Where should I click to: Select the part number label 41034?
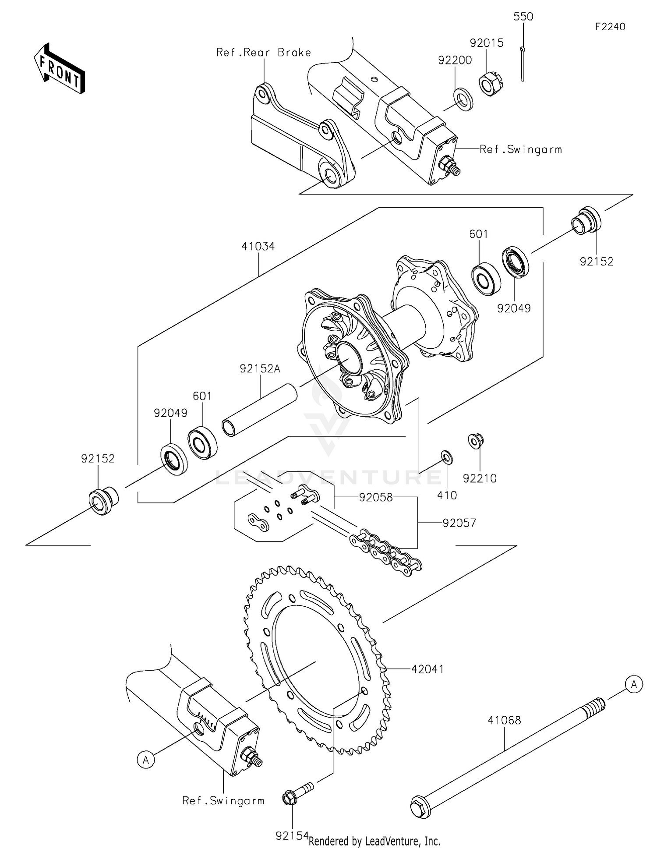tap(258, 247)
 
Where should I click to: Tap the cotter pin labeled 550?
tap(523, 64)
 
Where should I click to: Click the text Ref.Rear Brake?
tap(264, 53)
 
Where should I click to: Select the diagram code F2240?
tap(610, 27)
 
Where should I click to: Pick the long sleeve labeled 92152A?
tap(260, 410)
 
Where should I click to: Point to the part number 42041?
tap(427, 669)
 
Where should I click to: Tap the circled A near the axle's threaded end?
tap(634, 684)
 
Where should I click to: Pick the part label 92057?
tap(459, 523)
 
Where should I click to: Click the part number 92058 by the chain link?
tap(375, 497)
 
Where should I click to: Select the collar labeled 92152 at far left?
tap(103, 500)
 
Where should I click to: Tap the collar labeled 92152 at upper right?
tap(587, 220)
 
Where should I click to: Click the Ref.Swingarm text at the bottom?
tap(223, 801)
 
